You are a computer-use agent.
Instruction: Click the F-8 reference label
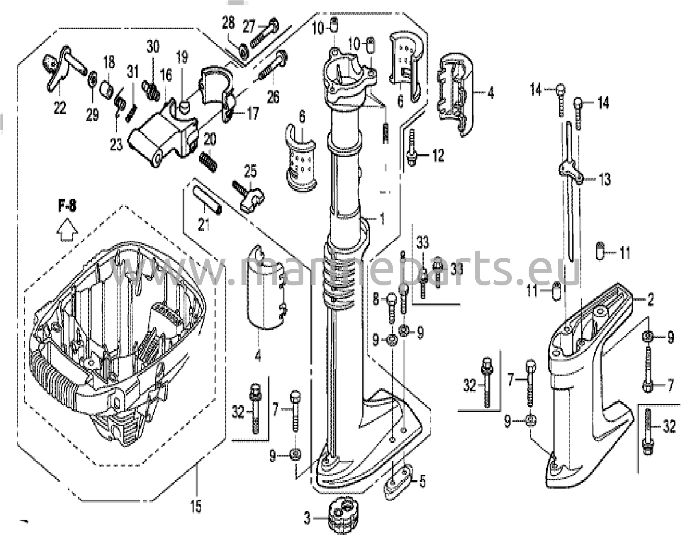pos(67,206)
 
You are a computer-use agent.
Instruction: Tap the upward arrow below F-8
pos(67,229)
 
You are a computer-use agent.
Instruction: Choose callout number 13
pos(605,180)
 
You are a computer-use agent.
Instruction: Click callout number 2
pos(650,300)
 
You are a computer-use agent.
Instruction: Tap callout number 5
pos(422,482)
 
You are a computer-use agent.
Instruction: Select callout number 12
pos(438,155)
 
